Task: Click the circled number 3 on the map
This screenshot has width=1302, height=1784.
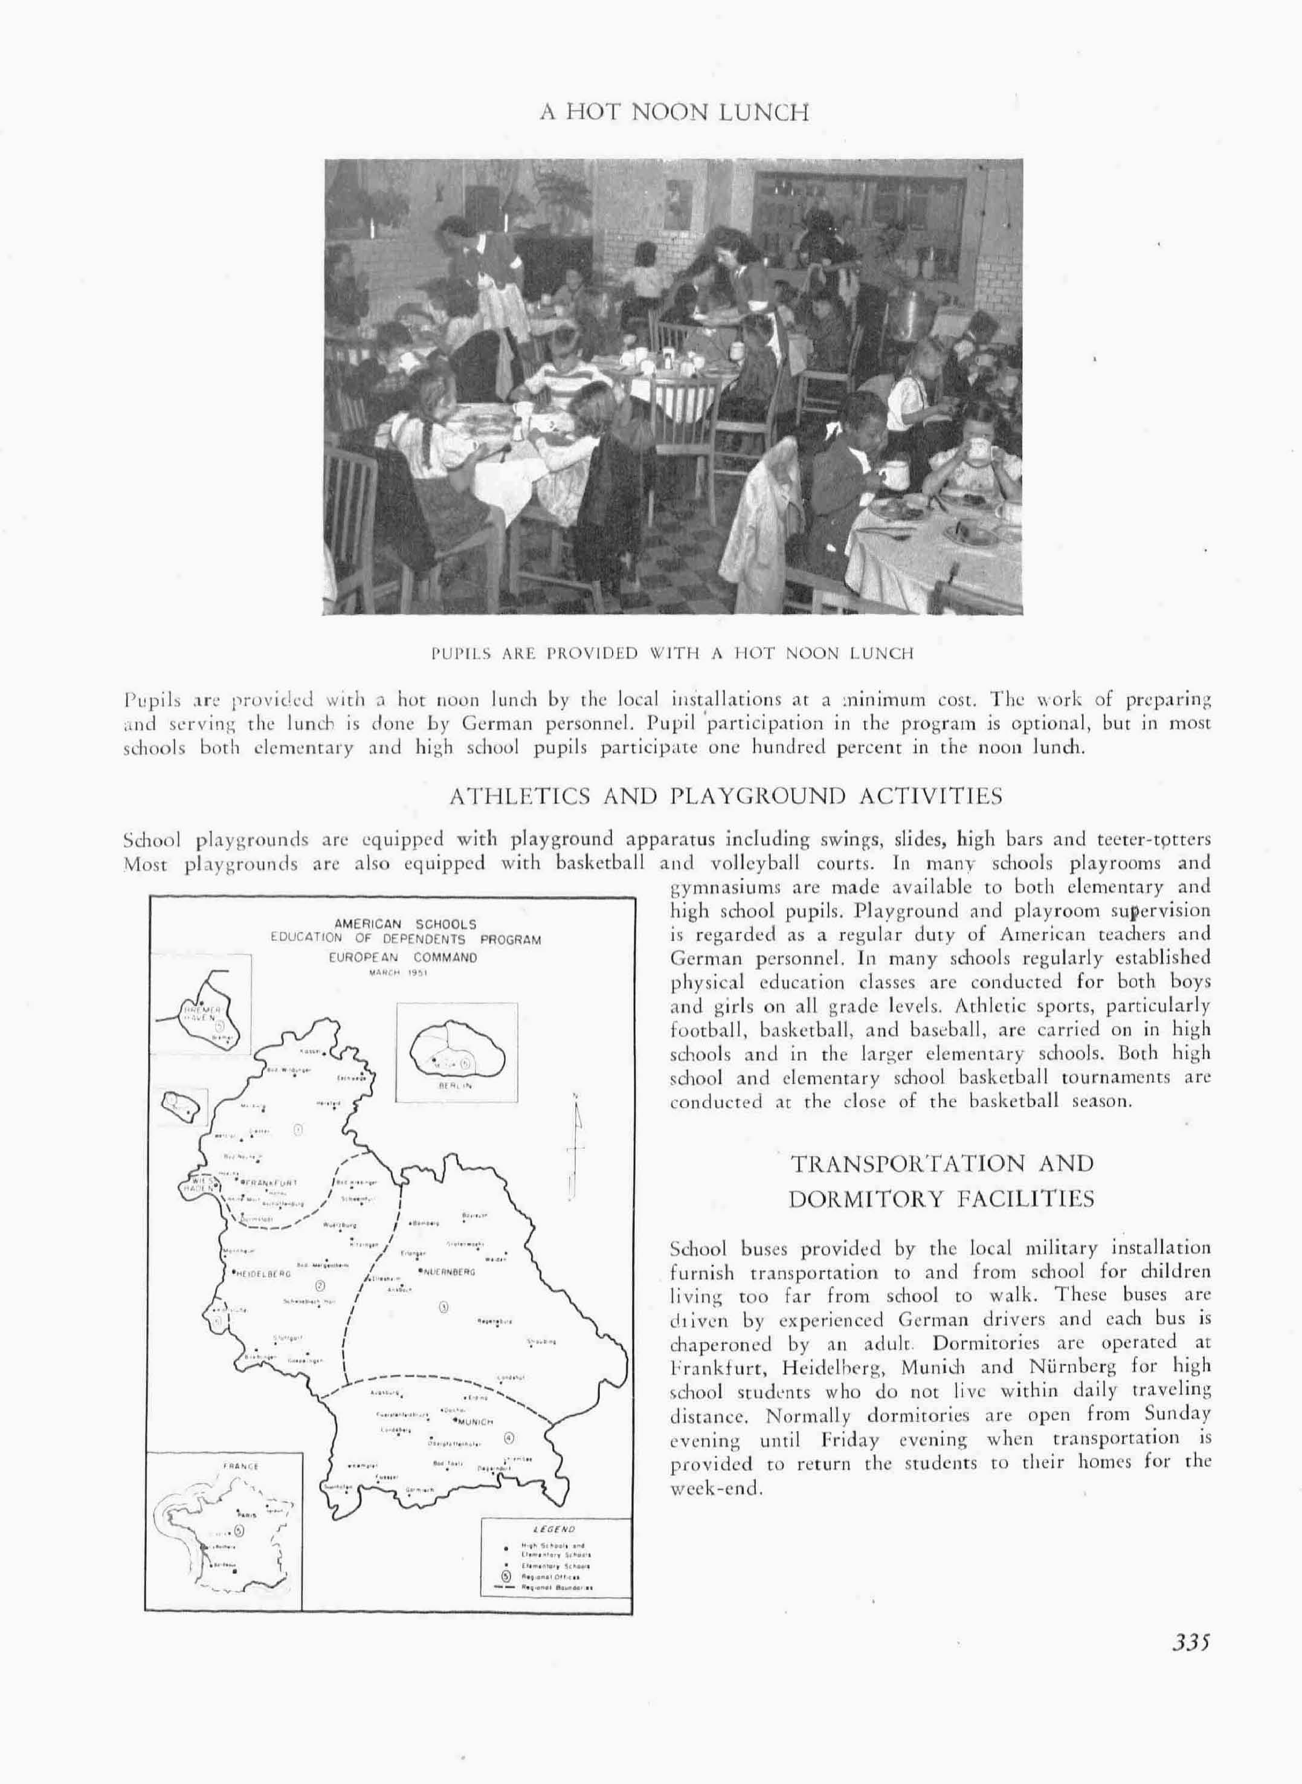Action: (x=443, y=1308)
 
